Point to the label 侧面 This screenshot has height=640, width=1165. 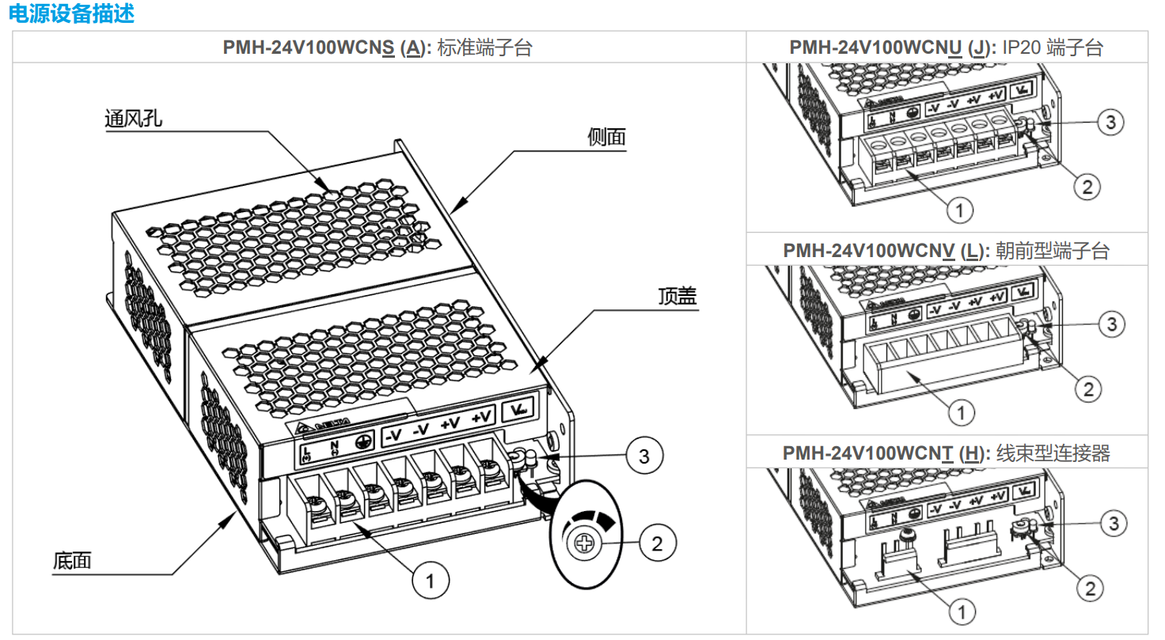(x=606, y=137)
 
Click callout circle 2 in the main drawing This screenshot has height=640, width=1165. (x=656, y=543)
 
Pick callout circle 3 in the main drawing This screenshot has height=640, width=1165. (x=643, y=456)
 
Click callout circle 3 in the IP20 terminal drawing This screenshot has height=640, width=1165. (x=1110, y=122)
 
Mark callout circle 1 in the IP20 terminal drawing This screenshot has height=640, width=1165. (x=959, y=210)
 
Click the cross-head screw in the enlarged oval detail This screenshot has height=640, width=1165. (x=583, y=543)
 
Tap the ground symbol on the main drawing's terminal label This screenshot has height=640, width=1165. (x=365, y=444)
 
